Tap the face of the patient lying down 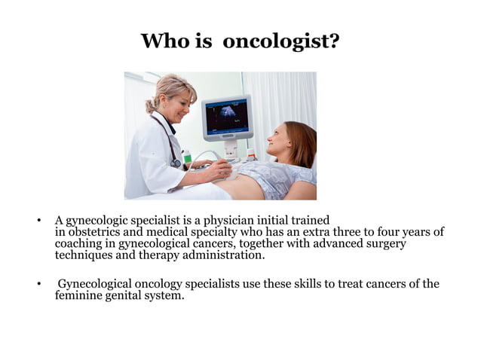(x=280, y=141)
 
